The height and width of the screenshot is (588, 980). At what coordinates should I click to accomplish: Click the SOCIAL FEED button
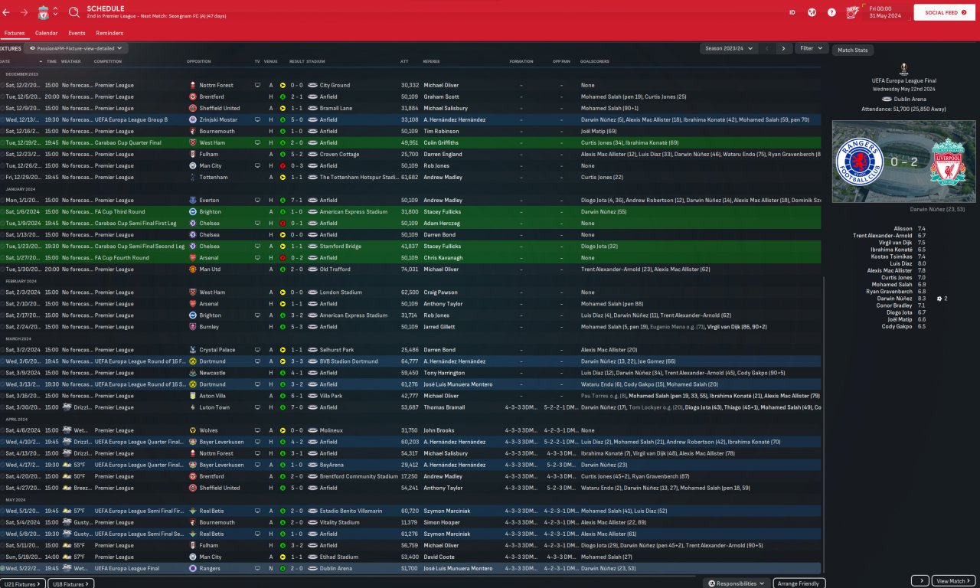(943, 12)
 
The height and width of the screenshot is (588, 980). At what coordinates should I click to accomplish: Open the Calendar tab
(46, 33)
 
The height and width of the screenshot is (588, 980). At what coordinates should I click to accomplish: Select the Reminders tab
(109, 33)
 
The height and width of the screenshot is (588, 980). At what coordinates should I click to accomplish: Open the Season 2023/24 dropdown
(729, 48)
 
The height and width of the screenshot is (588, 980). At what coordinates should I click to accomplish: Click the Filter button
(811, 48)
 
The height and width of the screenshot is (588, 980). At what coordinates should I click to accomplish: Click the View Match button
(953, 581)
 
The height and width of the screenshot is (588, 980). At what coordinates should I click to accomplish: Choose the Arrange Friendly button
(799, 583)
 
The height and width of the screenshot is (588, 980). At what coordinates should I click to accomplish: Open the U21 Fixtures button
(23, 583)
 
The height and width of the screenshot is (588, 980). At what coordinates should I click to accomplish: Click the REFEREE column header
(432, 61)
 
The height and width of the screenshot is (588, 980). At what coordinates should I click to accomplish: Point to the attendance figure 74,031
(410, 269)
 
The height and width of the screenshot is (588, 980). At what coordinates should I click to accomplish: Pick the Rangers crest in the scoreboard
(861, 161)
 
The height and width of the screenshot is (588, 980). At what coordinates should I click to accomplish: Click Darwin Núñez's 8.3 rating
(921, 299)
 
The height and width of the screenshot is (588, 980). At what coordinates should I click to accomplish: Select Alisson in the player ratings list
(903, 228)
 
